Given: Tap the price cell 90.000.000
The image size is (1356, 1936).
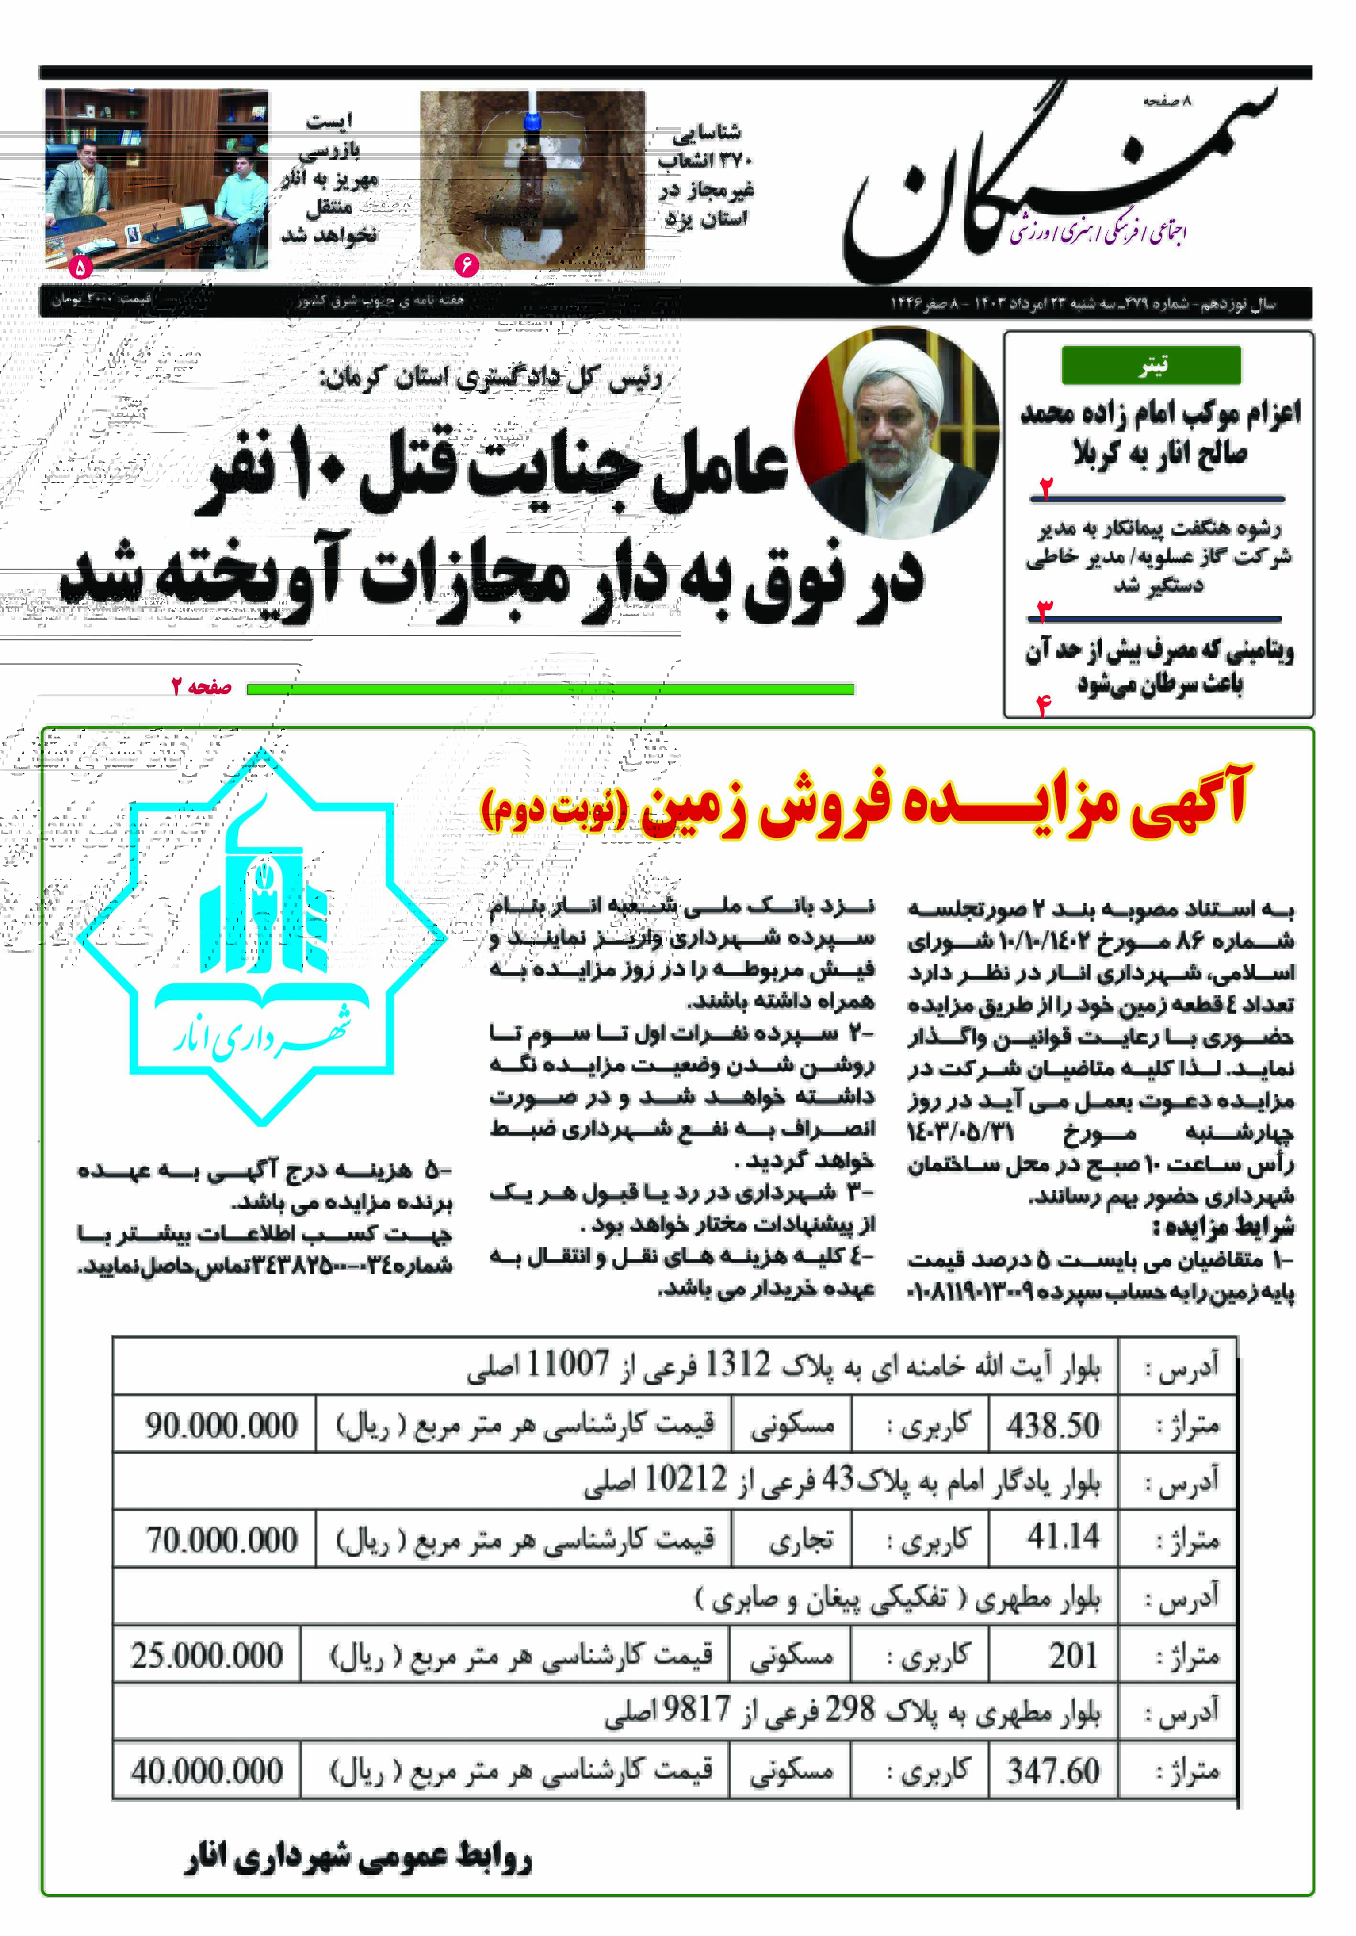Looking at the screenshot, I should pyautogui.click(x=221, y=1424).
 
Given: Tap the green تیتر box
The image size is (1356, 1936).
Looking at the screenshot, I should pyautogui.click(x=1151, y=365).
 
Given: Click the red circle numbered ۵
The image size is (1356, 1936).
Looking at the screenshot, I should pyautogui.click(x=80, y=268).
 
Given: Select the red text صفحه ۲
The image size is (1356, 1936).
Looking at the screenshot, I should pyautogui.click(x=201, y=687).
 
